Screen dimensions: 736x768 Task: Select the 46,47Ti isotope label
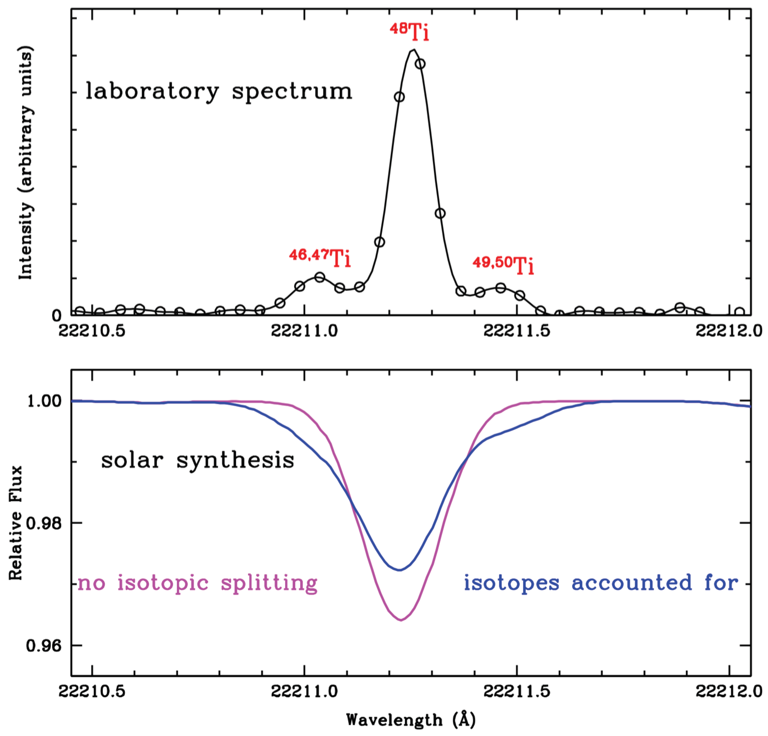point(320,257)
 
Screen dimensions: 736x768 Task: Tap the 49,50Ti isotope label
point(503,264)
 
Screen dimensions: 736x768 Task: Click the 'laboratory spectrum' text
point(219,91)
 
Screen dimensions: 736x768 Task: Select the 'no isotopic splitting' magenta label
point(197,583)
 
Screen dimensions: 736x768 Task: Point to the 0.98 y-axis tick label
point(44,523)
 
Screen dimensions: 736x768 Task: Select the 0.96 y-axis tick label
point(44,645)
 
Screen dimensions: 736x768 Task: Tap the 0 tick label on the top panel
point(57,316)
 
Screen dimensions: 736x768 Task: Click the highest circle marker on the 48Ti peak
point(420,63)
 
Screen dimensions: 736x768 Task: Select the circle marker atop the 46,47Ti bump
point(320,277)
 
